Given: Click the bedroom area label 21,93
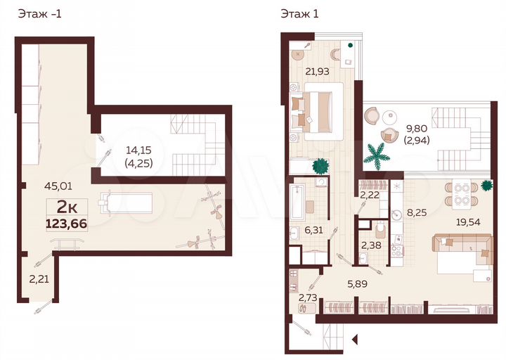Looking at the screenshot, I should point(317,70).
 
